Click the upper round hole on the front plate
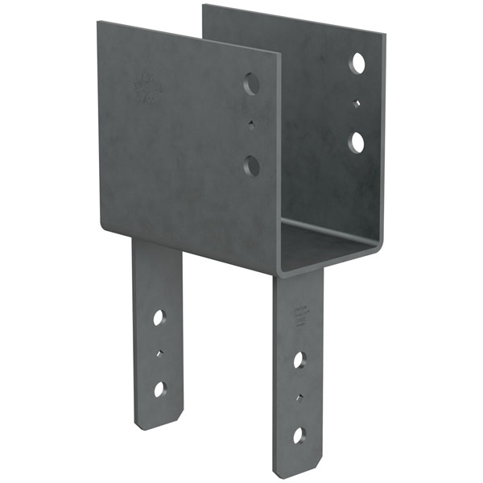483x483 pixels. click(x=252, y=84)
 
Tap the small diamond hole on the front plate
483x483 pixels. click(x=252, y=125)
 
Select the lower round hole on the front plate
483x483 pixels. click(x=252, y=167)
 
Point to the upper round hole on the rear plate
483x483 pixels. click(x=357, y=64)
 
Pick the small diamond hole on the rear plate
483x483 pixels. click(x=357, y=103)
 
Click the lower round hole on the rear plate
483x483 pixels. click(x=357, y=142)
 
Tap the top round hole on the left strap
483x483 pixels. click(x=159, y=317)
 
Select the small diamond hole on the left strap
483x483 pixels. click(x=159, y=353)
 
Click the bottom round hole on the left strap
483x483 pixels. click(x=159, y=389)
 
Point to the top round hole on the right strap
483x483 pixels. click(x=299, y=360)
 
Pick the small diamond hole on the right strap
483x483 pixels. click(x=299, y=397)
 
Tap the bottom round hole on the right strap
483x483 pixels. click(x=299, y=436)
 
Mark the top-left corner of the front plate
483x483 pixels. click(x=98, y=23)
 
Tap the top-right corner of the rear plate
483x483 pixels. click(x=384, y=36)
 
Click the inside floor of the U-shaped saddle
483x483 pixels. click(x=326, y=237)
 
